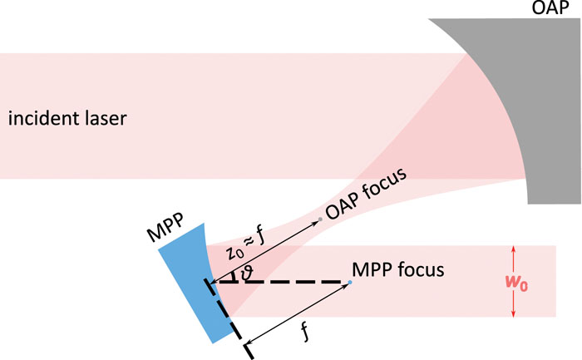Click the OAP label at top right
550,7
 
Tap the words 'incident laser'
67,118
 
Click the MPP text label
165,228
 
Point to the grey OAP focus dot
320,219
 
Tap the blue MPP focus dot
350,283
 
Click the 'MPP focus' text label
398,269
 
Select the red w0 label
516,283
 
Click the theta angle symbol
247,274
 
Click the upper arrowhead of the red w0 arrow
513,249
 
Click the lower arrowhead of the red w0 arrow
513,314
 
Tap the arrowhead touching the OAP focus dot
316,222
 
